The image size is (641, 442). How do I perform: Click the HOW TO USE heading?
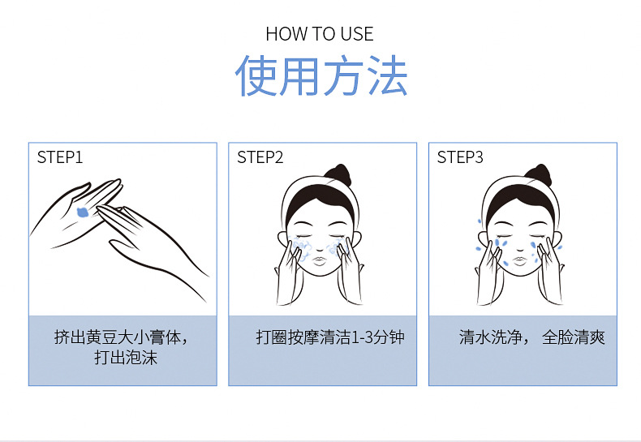click(320, 34)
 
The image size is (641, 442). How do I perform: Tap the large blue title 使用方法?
click(320, 77)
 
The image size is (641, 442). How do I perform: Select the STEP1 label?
click(60, 157)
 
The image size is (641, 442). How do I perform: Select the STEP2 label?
click(260, 157)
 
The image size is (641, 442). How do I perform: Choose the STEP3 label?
click(460, 157)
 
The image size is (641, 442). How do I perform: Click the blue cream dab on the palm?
click(83, 212)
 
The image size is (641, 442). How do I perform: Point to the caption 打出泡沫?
click(126, 357)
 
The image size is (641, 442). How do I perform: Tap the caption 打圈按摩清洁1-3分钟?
click(329, 337)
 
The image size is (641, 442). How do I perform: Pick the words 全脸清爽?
click(574, 337)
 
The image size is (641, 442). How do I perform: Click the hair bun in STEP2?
click(337, 174)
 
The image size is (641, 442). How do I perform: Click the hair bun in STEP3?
click(537, 174)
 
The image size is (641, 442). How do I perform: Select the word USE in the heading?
click(357, 34)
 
